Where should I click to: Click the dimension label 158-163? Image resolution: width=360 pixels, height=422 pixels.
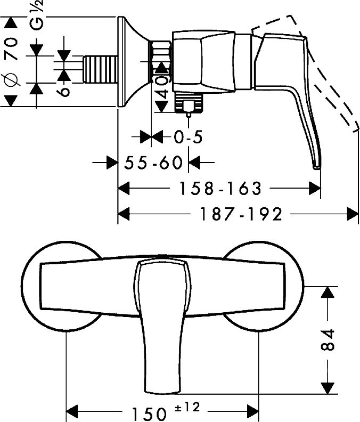pyautogui.click(x=220, y=189)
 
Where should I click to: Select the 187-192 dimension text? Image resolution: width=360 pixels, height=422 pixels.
pyautogui.click(x=241, y=215)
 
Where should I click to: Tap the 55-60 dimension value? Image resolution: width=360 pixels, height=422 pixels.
pyautogui.click(x=153, y=163)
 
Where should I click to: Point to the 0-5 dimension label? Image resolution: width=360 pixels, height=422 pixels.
pyautogui.click(x=188, y=137)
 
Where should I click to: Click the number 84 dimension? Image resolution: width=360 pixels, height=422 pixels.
pyautogui.click(x=328, y=339)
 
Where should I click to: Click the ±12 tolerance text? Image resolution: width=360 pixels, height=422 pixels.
pyautogui.click(x=187, y=407)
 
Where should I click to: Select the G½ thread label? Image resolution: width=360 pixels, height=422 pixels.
pyautogui.click(x=36, y=15)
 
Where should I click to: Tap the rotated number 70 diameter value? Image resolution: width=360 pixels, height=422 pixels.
pyautogui.click(x=11, y=48)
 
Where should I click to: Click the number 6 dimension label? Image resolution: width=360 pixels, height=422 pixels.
pyautogui.click(x=63, y=91)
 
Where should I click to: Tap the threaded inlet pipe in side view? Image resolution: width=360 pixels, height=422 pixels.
pyautogui.click(x=100, y=69)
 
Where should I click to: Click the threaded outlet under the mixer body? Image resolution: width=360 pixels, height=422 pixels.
pyautogui.click(x=189, y=102)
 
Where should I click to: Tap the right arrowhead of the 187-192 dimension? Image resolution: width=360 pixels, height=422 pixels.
pyautogui.click(x=353, y=215)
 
